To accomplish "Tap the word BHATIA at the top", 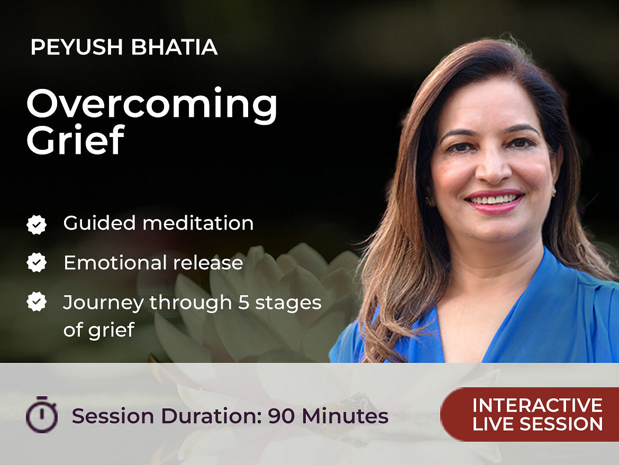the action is coord(174,47).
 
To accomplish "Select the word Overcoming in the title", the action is coord(152,104).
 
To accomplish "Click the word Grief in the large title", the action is coord(76,140).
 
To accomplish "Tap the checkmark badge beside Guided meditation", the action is coord(37,225).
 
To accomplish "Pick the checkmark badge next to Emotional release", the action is coord(37,262).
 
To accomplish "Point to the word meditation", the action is coord(198,223).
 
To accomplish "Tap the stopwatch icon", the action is coord(42,414).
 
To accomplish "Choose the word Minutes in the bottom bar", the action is coord(345,416).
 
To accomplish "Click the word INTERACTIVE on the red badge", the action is coord(538,405).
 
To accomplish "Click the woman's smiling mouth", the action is coord(494,200).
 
